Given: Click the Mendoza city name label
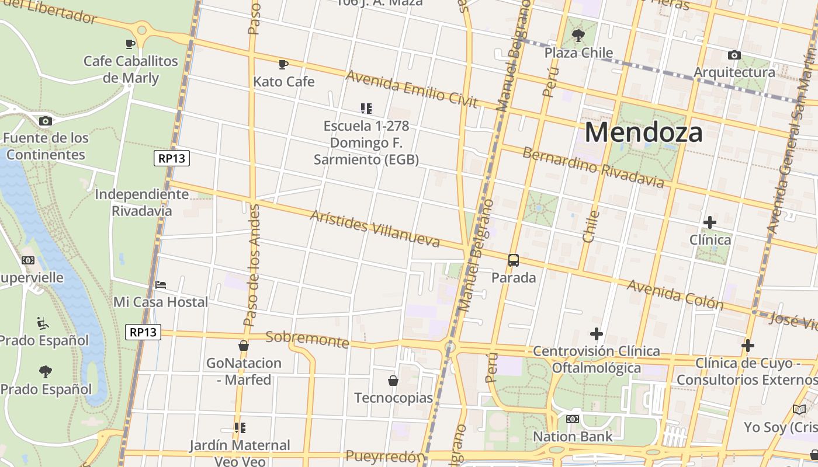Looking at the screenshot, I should [643, 132].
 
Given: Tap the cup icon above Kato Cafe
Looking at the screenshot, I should [283, 64].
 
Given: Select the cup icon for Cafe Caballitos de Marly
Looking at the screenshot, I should [130, 44].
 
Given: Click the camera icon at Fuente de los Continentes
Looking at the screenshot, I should [45, 121].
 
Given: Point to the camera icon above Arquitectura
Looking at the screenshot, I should [734, 55].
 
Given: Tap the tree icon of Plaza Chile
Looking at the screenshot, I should [578, 36].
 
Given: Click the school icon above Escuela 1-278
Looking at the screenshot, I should [366, 108].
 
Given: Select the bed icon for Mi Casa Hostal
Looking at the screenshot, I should [161, 285].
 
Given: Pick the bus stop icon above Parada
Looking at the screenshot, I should [513, 260].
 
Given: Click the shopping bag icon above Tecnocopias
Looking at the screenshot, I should [393, 381].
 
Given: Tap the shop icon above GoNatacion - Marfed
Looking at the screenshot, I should [244, 346].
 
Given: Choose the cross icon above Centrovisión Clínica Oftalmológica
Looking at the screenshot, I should [596, 334].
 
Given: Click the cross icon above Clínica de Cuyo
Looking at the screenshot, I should [747, 346].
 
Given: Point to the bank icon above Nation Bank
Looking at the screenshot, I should [573, 419].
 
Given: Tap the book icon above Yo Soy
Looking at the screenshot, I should [799, 410].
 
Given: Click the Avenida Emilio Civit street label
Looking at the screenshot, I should [412, 89].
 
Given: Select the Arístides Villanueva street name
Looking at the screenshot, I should [375, 228].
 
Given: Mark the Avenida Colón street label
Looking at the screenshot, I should [675, 294].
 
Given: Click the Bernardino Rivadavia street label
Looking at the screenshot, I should [593, 168].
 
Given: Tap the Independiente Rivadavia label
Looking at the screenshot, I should [142, 202].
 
